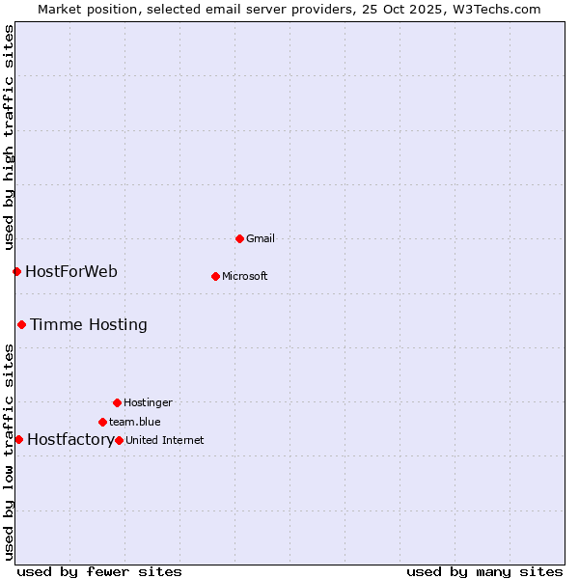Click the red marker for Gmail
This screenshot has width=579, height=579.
[x=239, y=238]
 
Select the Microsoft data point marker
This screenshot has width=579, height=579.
[x=215, y=276]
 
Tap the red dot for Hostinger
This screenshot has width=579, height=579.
[x=117, y=402]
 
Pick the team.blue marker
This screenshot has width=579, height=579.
[x=102, y=422]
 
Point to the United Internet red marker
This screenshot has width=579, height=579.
[x=119, y=440]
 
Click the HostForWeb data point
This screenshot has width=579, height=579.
[x=16, y=271]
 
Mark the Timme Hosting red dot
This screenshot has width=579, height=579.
[x=21, y=324]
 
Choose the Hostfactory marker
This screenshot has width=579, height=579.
[x=18, y=439]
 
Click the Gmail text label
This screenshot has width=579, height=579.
[x=261, y=238]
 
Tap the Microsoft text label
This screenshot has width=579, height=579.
[x=245, y=276]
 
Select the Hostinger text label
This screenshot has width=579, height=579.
[x=148, y=402]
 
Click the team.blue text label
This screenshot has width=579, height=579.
[x=135, y=422]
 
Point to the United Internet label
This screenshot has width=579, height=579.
[x=165, y=440]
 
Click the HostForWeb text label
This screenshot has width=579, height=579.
[x=71, y=271]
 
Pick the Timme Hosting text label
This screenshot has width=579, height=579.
[x=89, y=324]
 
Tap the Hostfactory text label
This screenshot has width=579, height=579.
[x=70, y=440]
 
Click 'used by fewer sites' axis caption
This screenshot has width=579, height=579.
[x=99, y=571]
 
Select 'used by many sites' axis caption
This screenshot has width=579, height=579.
[x=484, y=571]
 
